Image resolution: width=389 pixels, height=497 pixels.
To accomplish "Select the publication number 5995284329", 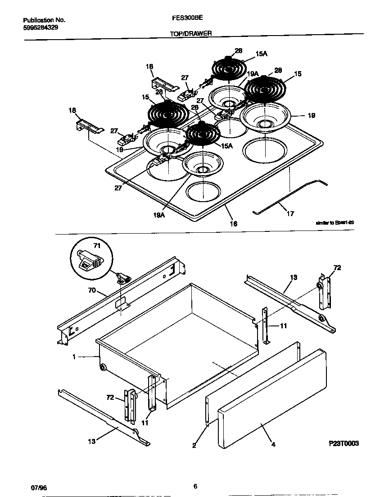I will click(x=40, y=27).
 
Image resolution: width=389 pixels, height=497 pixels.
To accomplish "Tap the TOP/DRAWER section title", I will click(x=191, y=33).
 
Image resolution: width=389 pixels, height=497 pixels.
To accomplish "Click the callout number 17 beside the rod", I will click(x=290, y=214).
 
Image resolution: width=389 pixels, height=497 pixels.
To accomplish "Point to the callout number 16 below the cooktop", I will click(x=234, y=223).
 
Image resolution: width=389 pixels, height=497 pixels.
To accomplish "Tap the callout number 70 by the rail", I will click(x=91, y=291).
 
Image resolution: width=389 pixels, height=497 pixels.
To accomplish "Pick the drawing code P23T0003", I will click(x=344, y=443).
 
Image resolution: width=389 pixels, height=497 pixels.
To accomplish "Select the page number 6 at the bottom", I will click(x=195, y=486).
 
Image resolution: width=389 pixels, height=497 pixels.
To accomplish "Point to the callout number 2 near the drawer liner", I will click(x=194, y=446).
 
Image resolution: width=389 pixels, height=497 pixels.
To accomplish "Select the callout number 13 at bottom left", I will click(x=91, y=441).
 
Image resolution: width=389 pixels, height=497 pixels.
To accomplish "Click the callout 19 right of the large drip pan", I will click(x=311, y=116).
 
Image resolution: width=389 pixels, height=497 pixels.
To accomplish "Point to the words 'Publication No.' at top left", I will click(x=44, y=20).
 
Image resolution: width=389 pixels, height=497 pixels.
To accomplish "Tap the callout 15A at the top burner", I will click(x=261, y=54).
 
